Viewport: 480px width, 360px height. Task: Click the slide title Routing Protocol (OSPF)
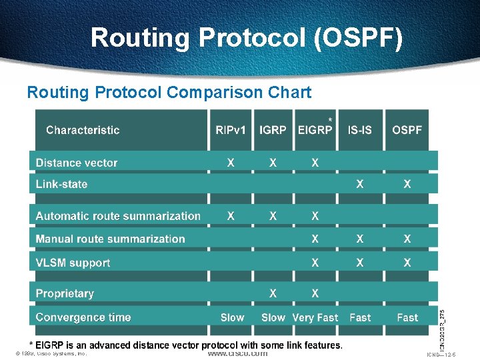tap(247, 37)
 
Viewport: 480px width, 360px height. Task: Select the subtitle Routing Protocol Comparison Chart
tap(169, 92)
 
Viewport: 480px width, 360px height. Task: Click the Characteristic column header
tap(83, 130)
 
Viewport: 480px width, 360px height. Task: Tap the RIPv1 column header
tap(231, 130)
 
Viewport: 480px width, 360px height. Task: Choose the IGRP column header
tap(273, 130)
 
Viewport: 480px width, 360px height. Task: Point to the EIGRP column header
tap(315, 130)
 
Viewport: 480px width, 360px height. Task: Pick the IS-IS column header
tap(360, 130)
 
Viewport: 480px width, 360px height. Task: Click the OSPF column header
tap(407, 130)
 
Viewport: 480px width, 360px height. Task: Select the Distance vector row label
tap(77, 163)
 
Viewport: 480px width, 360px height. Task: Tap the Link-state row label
tap(61, 184)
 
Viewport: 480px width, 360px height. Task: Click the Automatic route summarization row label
tap(118, 216)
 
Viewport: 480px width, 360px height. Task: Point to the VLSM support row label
tap(73, 263)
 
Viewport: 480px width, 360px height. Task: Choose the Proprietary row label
tap(65, 293)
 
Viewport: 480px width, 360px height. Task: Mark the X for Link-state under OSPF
tap(407, 184)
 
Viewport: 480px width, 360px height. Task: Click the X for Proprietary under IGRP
tap(273, 293)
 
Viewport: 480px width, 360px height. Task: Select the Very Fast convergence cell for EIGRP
tap(315, 318)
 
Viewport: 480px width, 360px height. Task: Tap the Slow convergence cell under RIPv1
tap(232, 318)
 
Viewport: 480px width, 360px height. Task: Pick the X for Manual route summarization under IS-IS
tap(360, 239)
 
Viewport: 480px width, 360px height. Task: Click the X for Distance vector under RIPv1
tap(231, 163)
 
